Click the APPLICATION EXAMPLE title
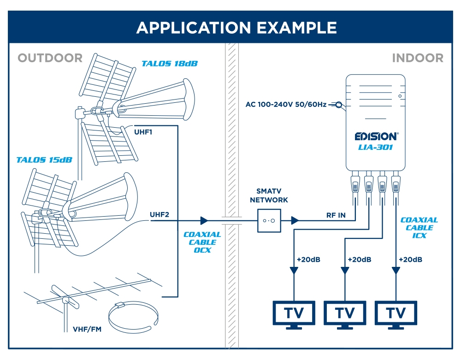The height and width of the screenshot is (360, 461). tap(236, 28)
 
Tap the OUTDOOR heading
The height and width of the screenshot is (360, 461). tap(50, 58)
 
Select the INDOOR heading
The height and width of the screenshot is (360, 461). tap(418, 58)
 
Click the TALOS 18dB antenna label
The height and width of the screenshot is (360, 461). tap(170, 64)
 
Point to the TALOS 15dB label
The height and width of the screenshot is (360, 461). tap(44, 160)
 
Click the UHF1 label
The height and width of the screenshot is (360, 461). tap(143, 132)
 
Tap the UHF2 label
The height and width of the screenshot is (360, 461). tap(160, 214)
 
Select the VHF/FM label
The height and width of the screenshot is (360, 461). tap(87, 329)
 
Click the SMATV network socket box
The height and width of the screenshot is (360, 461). tap(269, 221)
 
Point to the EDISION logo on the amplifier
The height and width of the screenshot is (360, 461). tap(376, 136)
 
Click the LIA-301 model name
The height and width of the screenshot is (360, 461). tap(375, 147)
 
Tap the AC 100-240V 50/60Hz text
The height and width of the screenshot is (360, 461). tap(286, 105)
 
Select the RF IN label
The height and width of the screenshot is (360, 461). tap(336, 215)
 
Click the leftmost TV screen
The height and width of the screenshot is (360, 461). tap(294, 313)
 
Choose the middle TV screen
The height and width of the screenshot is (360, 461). tap(345, 313)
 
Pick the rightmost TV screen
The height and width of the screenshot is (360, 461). tap(396, 313)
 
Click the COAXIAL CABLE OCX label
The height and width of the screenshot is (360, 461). tap(202, 242)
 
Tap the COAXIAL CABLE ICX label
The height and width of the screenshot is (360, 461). tap(419, 228)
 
